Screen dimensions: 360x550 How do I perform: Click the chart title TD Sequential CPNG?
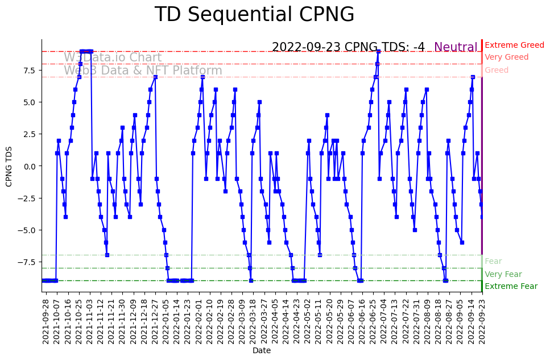pos(254,15)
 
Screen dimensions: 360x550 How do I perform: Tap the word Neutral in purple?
pos(456,47)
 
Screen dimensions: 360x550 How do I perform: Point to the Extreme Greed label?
pos(514,45)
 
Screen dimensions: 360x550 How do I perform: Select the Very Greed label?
pos(506,57)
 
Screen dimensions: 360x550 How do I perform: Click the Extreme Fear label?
pos(511,286)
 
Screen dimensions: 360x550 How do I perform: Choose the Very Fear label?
pos(503,274)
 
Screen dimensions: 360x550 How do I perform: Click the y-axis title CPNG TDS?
pos(9,165)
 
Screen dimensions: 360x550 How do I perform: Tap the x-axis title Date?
pos(262,351)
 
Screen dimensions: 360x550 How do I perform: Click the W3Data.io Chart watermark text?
pos(113,57)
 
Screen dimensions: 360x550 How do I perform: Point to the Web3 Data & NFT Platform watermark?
pos(143,71)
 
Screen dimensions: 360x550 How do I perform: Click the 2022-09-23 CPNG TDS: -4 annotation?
pos(348,47)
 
